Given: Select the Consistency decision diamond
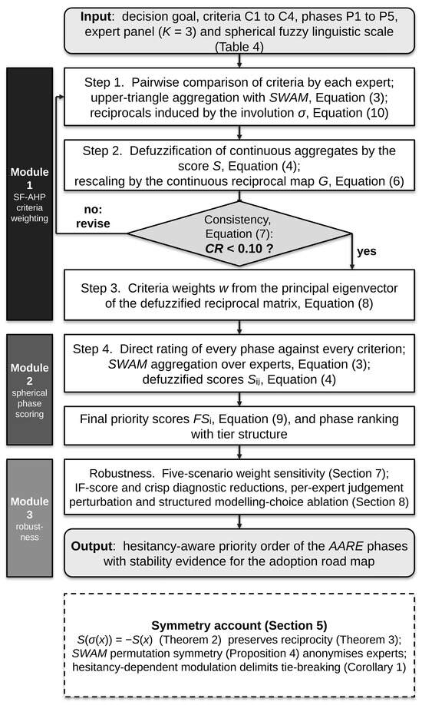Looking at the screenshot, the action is (239, 233).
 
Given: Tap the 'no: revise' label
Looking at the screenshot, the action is (93, 217).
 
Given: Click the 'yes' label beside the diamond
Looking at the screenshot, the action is (366, 251).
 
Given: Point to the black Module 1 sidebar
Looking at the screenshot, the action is (30, 194).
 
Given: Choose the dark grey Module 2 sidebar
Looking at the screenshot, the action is (30, 389).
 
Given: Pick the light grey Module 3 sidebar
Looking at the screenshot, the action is (30, 518).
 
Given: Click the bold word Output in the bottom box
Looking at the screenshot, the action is (92, 546).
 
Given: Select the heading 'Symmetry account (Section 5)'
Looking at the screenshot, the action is (239, 625).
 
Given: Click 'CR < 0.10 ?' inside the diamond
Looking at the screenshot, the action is (239, 248).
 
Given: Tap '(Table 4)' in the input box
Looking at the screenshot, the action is (239, 47).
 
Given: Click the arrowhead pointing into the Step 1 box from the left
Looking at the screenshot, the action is (61, 97).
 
